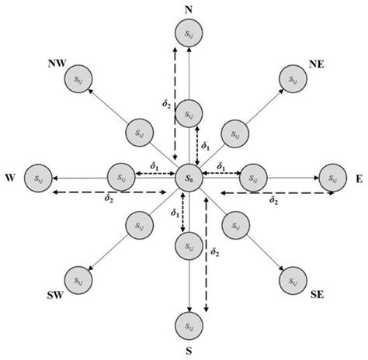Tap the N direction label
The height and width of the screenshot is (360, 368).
[187, 9]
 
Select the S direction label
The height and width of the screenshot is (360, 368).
[186, 351]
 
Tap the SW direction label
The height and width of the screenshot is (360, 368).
[55, 295]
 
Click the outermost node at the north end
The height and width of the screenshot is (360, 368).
[187, 33]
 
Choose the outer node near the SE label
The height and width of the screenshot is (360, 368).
[291, 279]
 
